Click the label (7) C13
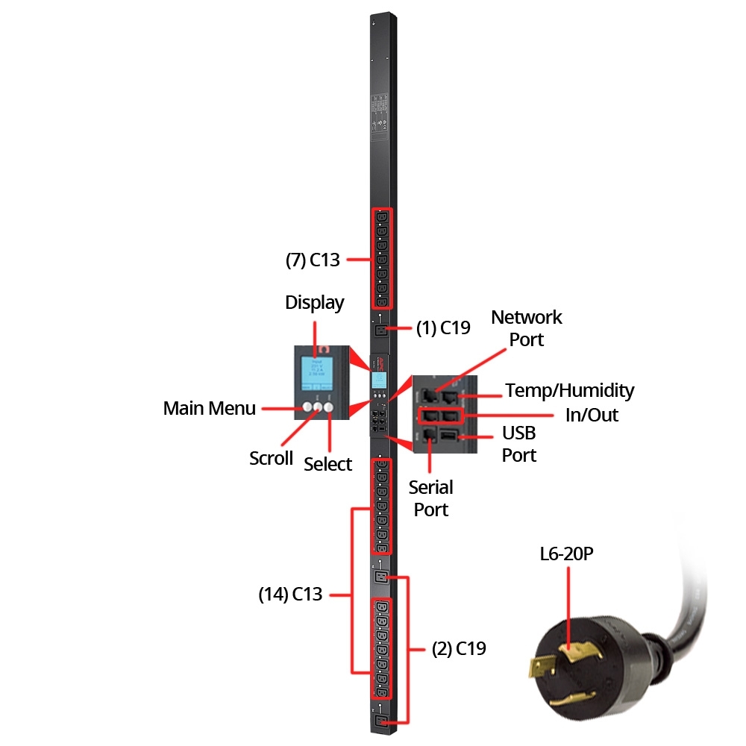(313, 260)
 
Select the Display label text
(315, 302)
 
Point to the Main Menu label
(210, 408)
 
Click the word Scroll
(272, 458)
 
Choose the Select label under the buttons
(327, 464)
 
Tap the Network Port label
(526, 327)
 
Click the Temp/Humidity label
(570, 389)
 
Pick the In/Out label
(592, 414)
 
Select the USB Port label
(518, 444)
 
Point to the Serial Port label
(431, 498)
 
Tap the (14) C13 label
(290, 595)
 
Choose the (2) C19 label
(459, 649)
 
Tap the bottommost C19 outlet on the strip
(382, 720)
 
